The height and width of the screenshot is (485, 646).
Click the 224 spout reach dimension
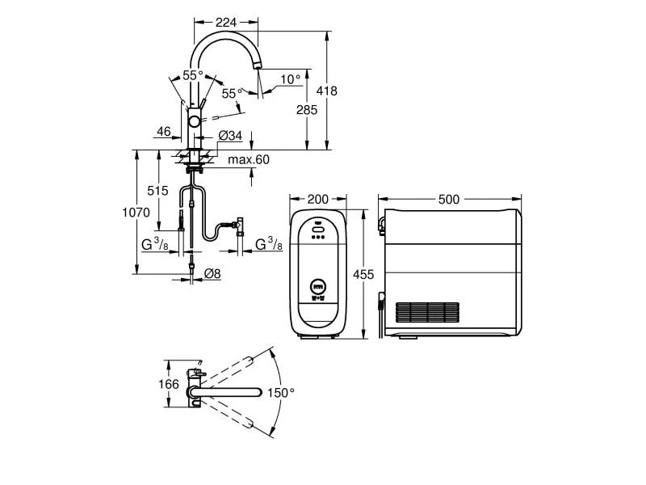point(226,23)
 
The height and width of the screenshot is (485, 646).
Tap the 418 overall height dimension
point(327,91)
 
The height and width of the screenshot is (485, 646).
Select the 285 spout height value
point(307,110)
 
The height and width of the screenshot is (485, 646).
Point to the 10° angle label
point(291,79)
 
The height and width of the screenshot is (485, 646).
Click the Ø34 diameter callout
point(230,135)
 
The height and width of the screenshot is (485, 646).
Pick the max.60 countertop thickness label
point(249,159)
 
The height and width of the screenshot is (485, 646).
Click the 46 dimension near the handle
point(164,132)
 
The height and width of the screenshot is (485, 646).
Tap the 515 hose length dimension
point(157,191)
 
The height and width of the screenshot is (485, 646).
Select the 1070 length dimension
point(136,213)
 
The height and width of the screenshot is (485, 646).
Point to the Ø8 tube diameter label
point(212,273)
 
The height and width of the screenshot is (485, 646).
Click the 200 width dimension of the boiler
point(318,200)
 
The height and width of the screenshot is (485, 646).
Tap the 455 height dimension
point(363,274)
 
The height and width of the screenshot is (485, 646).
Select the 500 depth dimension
point(449,200)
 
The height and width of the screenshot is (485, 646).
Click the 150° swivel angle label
point(281,393)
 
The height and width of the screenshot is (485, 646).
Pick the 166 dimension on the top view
point(169,385)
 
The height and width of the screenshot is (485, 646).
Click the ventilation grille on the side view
point(428,313)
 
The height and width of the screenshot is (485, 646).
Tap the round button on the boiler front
point(318,285)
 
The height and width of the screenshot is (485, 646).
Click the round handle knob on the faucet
point(194,122)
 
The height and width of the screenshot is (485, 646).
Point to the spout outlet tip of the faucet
point(258,66)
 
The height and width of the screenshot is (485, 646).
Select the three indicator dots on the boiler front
point(318,237)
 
